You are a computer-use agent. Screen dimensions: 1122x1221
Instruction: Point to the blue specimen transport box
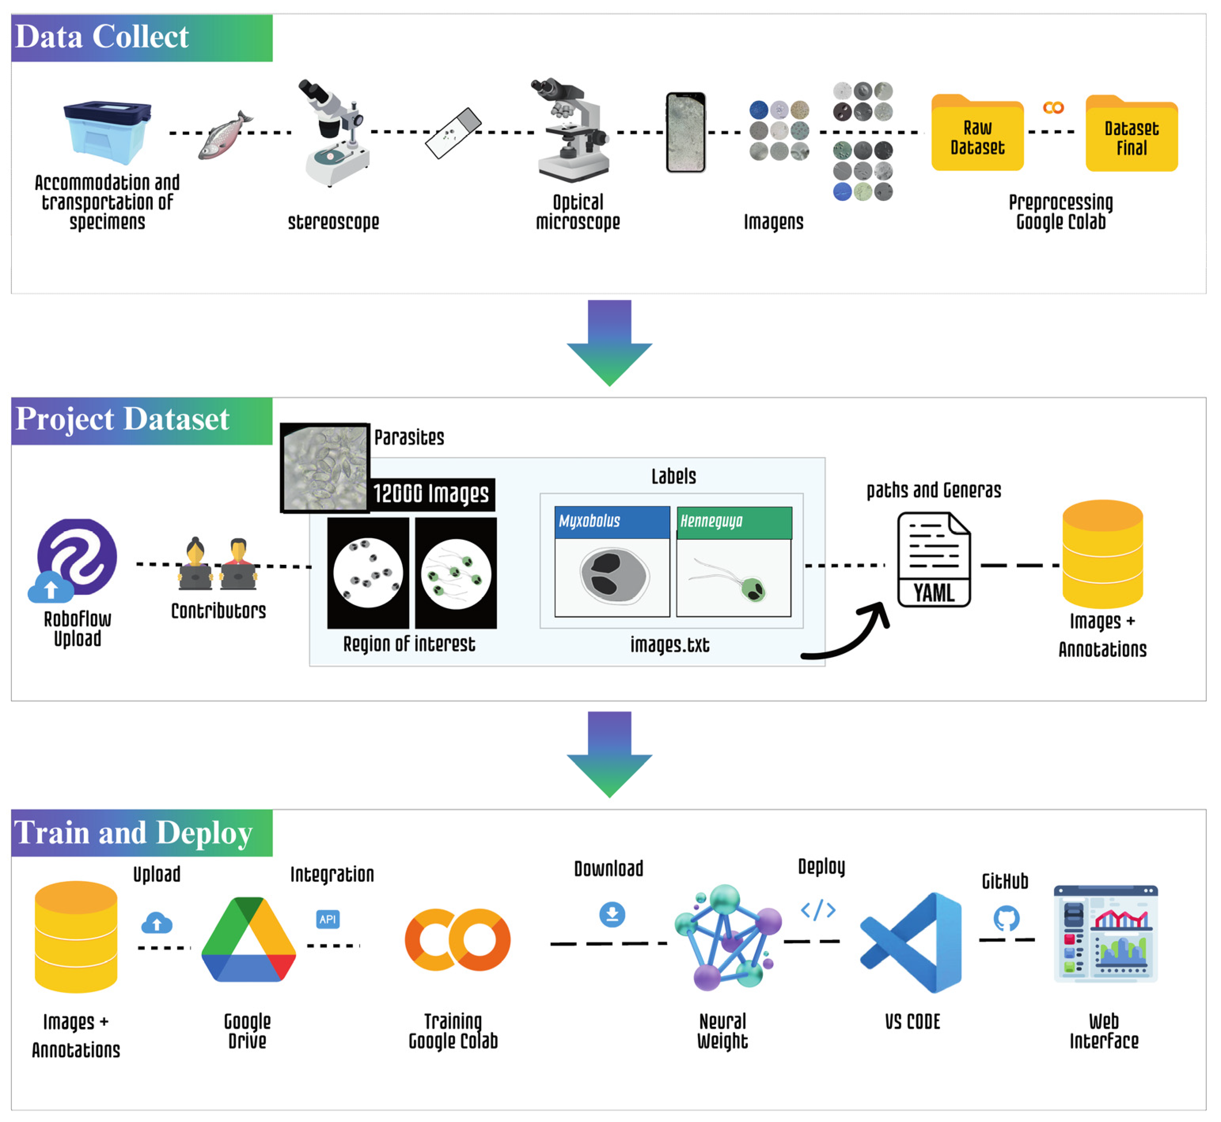tap(108, 132)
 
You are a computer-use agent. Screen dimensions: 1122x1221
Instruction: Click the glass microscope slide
tap(453, 133)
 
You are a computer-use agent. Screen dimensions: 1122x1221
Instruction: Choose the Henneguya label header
tap(734, 522)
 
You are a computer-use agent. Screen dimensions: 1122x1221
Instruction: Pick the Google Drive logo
tap(248, 940)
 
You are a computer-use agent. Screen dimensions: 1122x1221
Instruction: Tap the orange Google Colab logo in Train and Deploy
tap(457, 940)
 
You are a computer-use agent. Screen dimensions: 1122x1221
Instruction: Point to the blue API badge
tap(328, 919)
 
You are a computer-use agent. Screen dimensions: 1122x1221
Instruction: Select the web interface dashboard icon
tap(1105, 934)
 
